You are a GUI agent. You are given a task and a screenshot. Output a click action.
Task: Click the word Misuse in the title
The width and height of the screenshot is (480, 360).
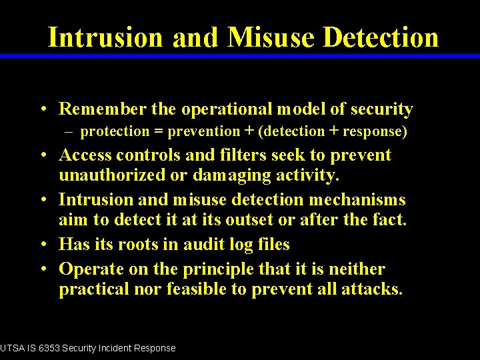(x=271, y=37)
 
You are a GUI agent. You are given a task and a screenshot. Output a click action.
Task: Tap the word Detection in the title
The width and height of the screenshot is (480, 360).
(x=381, y=37)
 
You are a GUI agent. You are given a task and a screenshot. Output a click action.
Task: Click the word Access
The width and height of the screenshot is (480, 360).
(x=85, y=155)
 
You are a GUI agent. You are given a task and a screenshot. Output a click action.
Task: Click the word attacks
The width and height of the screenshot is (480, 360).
(x=375, y=290)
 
